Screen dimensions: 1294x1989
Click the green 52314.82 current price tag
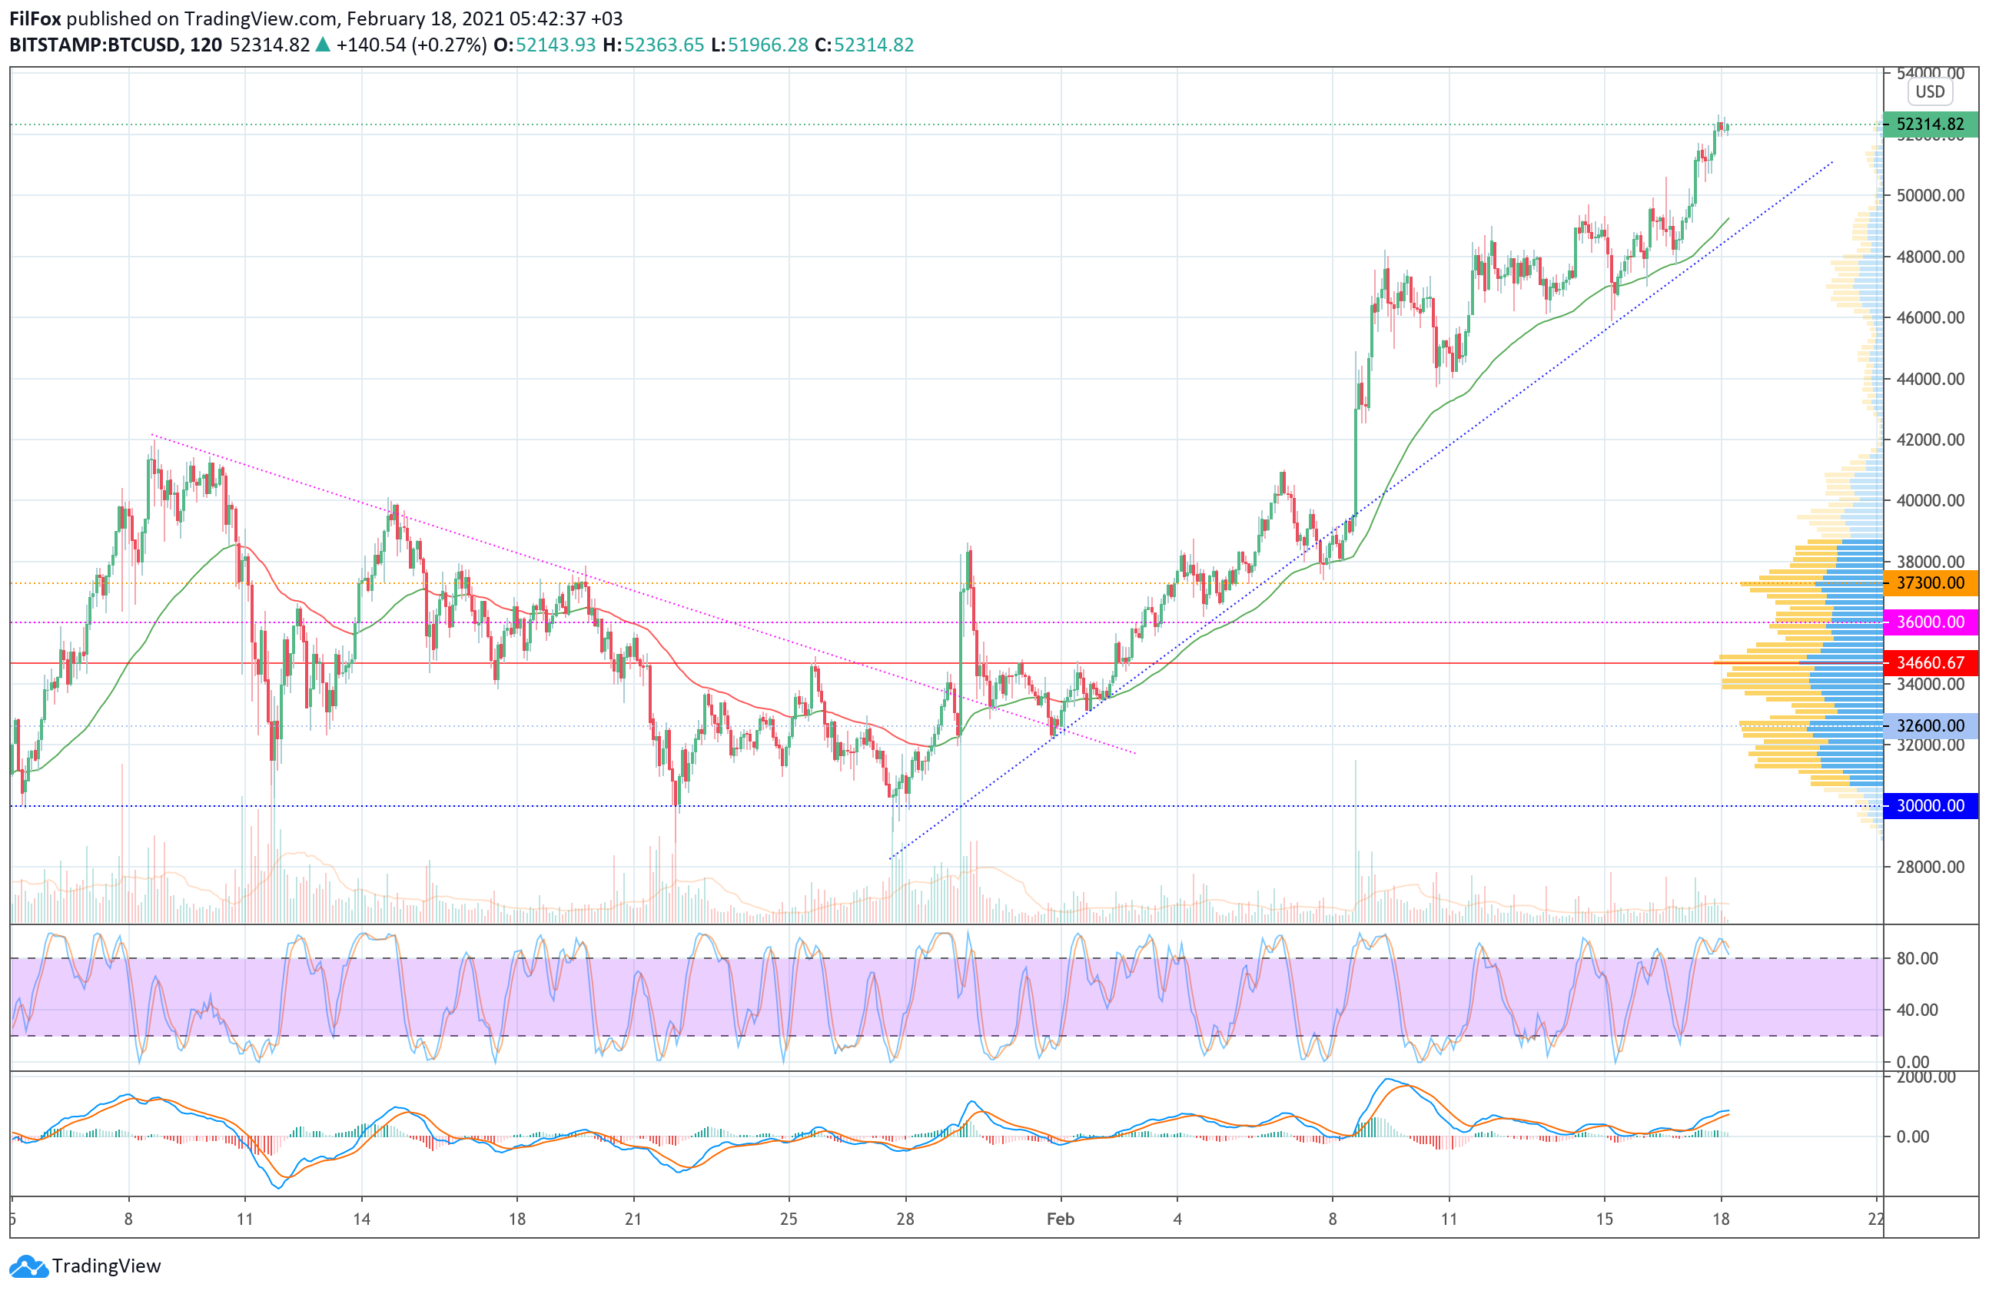tap(1930, 124)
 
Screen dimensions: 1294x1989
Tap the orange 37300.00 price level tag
tap(1930, 583)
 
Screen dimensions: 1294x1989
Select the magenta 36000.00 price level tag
tap(1930, 622)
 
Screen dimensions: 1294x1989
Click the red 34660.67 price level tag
tap(1930, 663)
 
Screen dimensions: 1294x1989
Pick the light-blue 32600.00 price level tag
tap(1930, 726)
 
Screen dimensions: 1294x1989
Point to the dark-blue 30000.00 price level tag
tap(1930, 806)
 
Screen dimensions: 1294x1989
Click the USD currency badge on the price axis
tap(1930, 92)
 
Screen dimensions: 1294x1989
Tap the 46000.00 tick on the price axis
tap(1930, 317)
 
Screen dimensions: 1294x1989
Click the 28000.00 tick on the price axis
tap(1930, 867)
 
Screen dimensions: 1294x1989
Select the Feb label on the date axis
tap(1060, 1219)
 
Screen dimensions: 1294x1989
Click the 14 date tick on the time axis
tap(361, 1219)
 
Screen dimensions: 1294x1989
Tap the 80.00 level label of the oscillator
tap(1916, 959)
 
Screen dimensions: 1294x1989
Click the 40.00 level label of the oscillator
tap(1916, 1010)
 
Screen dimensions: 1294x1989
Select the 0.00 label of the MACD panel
tap(1912, 1137)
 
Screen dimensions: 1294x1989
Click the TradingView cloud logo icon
tap(28, 1266)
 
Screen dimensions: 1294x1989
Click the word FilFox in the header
tap(35, 18)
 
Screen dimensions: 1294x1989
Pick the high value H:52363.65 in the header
tap(653, 45)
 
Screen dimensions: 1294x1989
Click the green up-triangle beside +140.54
tap(323, 45)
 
